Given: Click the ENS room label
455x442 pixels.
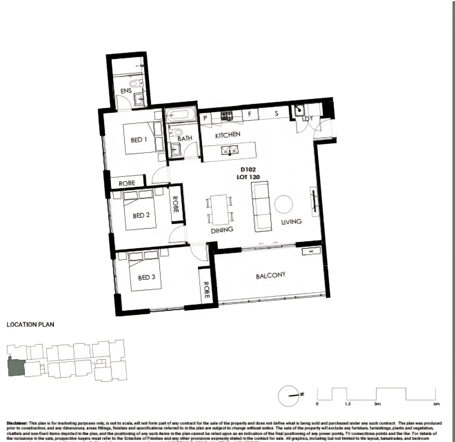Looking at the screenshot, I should (x=126, y=91).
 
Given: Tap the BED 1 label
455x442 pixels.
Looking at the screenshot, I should (x=139, y=140).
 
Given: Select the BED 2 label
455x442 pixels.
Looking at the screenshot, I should (x=140, y=215).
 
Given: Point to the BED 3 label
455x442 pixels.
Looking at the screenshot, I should (x=146, y=277).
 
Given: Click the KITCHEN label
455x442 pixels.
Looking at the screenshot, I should (x=227, y=135).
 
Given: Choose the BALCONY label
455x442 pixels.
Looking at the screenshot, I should (x=270, y=275).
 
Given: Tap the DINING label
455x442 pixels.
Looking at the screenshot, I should (x=222, y=230).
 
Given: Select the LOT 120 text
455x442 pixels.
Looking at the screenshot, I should (x=248, y=177).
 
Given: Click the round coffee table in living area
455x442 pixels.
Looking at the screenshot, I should (x=284, y=204).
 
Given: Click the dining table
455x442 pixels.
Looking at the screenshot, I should (x=220, y=209).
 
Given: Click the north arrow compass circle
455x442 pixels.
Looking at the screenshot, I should (x=289, y=396).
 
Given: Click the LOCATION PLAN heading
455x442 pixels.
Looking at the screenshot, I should (x=30, y=325).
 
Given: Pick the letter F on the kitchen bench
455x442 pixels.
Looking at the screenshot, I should (x=250, y=114).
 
